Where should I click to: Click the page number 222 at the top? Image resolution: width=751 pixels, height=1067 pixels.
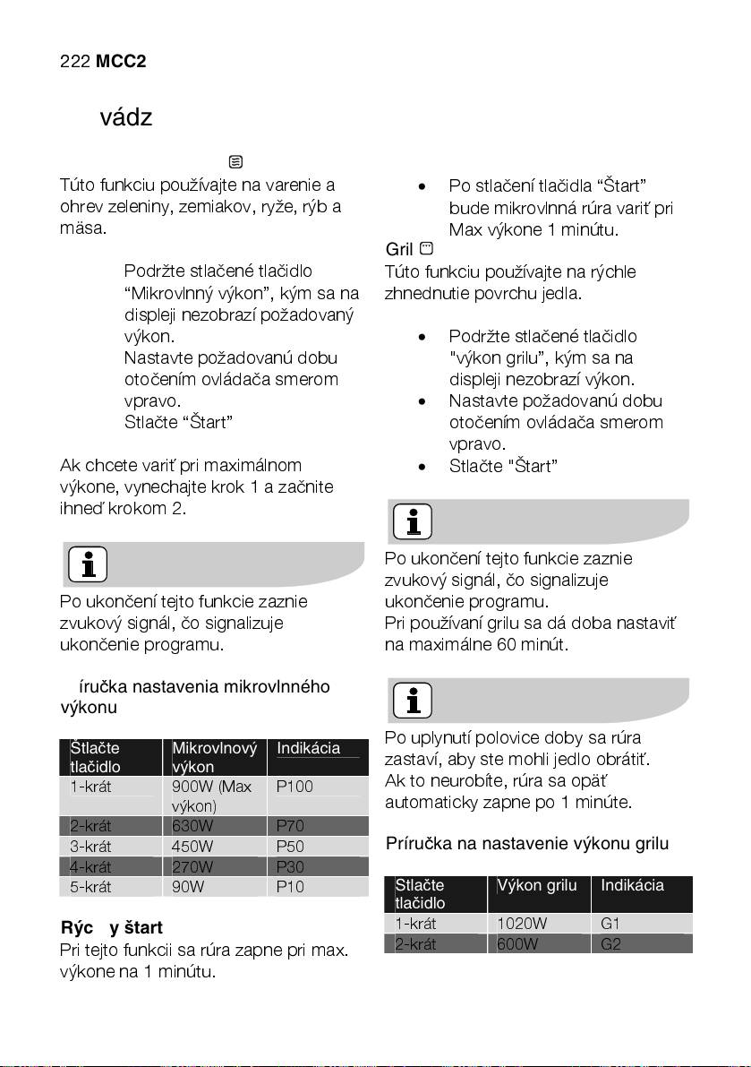tap(74, 62)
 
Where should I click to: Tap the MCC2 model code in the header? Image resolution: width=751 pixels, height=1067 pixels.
tap(121, 62)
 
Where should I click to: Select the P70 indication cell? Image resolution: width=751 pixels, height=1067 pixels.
tap(291, 826)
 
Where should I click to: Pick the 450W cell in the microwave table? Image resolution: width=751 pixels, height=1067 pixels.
tap(192, 847)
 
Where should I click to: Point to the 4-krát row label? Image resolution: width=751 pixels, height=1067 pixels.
tap(90, 867)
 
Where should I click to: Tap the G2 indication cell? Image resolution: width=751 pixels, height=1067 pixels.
tap(611, 943)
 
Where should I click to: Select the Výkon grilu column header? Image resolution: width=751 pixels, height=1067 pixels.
tap(537, 886)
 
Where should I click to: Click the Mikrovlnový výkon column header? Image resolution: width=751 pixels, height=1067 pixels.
tap(214, 757)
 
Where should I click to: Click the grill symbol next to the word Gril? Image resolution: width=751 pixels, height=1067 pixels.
tap(426, 247)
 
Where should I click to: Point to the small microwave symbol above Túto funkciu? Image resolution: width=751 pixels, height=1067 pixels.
tap(235, 162)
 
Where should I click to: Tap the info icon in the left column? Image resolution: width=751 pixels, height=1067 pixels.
tap(87, 564)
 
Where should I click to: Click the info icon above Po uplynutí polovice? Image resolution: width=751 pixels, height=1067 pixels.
tap(412, 701)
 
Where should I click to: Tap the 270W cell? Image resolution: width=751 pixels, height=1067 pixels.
tap(192, 867)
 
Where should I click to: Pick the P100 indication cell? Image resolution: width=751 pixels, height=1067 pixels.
tap(294, 787)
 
